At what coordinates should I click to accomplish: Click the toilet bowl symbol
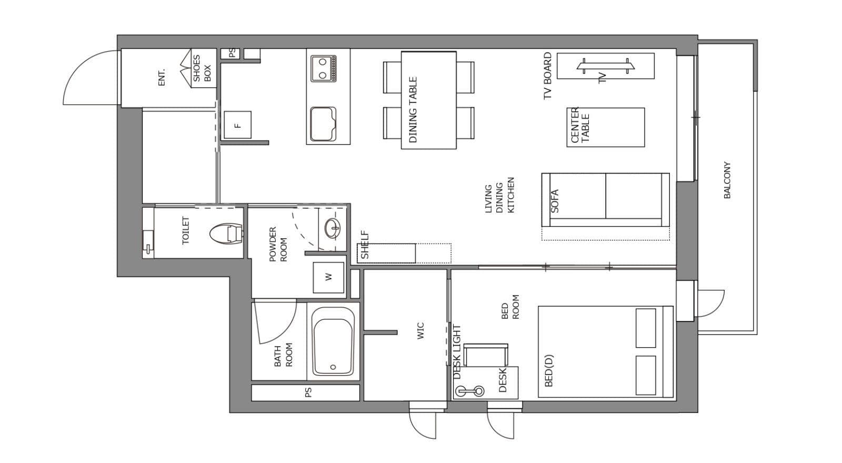(226, 234)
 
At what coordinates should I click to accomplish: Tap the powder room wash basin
(333, 228)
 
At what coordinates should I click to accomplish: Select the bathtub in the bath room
(333, 341)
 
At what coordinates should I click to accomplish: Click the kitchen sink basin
(323, 124)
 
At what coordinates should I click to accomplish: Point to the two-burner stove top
(323, 68)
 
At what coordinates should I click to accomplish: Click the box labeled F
(237, 125)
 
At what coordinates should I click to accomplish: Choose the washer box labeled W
(328, 277)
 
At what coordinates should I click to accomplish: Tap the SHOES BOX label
(202, 68)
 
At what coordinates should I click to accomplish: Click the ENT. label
(162, 77)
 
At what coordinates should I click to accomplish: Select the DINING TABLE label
(413, 110)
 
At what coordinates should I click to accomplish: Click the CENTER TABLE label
(580, 125)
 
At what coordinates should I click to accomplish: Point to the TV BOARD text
(548, 76)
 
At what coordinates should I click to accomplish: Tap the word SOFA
(555, 201)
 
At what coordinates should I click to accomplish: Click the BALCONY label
(727, 180)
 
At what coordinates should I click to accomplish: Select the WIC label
(420, 331)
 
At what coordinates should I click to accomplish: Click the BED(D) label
(549, 370)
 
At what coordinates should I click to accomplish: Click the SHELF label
(365, 245)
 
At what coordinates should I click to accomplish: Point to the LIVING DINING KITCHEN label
(499, 195)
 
